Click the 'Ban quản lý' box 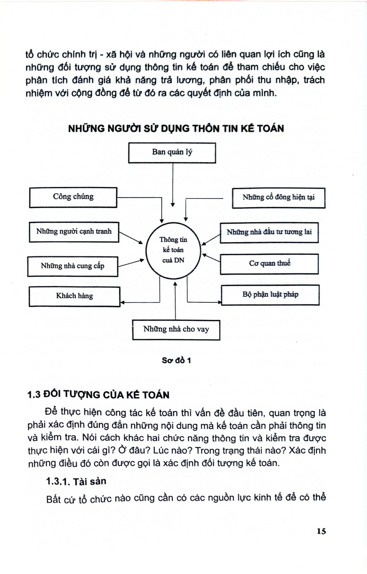click(172, 153)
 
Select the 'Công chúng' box click(73, 197)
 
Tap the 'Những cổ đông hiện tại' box click(278, 198)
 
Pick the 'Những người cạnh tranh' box click(74, 232)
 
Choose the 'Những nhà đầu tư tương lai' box click(269, 233)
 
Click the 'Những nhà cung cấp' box click(72, 266)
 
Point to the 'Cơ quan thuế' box click(269, 264)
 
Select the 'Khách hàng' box click(74, 297)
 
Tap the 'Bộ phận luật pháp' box click(270, 295)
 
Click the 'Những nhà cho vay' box click(176, 330)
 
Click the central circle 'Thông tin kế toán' click(173, 250)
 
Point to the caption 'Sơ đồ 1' click(176, 360)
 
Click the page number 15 click(321, 531)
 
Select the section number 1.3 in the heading click(34, 395)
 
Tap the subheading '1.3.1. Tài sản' click(76, 481)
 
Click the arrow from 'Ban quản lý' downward click(173, 185)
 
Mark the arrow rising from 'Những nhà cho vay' click(176, 301)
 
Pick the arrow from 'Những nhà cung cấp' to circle click(131, 263)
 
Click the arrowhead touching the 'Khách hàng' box click(122, 302)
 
